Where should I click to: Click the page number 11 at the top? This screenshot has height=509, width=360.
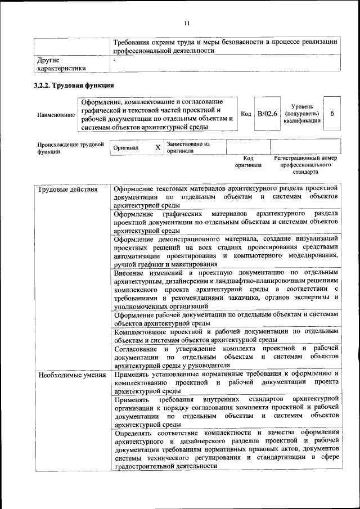pos(187,23)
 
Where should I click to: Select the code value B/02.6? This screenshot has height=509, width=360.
pos(267,114)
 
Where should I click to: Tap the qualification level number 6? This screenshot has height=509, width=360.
pos(332,114)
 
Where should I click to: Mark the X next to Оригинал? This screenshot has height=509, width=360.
pos(157,147)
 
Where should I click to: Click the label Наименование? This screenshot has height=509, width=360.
pos(56,115)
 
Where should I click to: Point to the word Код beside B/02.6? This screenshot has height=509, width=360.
pos(246,114)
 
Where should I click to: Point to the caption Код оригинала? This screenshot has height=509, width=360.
pos(248,162)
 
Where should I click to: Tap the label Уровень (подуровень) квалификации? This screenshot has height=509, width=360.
pos(302,113)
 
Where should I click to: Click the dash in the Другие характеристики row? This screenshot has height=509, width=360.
pos(114,58)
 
